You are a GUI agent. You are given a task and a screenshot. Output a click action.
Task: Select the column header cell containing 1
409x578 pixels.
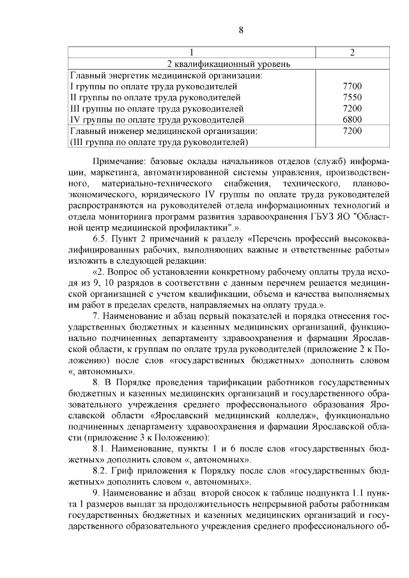pos(192,52)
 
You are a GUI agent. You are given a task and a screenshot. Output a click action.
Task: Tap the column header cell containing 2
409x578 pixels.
pos(352,52)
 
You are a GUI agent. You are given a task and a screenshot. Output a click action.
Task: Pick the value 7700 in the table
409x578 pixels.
pos(352,86)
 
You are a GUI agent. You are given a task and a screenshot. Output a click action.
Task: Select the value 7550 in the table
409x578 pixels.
pos(352,97)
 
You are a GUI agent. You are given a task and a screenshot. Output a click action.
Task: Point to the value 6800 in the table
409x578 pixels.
pos(352,119)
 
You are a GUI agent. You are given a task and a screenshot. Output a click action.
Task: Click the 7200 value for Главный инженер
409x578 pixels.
pos(352,130)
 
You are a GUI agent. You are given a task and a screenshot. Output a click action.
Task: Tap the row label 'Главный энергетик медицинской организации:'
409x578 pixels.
pos(155,75)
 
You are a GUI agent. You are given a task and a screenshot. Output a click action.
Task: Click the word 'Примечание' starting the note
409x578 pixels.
pos(121,160)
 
